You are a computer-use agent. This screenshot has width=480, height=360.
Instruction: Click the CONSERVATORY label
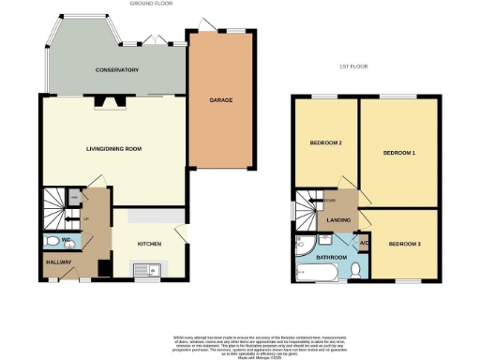tap(117, 70)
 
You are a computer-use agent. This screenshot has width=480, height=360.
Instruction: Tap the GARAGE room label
tap(220, 99)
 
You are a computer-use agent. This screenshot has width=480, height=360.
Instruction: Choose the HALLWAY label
tap(58, 263)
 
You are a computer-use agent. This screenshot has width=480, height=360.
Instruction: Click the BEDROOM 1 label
tap(399, 152)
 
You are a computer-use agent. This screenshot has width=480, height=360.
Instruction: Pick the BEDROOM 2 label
tap(325, 142)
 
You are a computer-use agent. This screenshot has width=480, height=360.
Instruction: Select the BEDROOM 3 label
tap(405, 243)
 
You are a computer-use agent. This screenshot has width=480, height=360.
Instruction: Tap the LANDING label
tap(339, 221)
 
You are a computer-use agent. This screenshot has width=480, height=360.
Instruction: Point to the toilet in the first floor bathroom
tap(356, 271)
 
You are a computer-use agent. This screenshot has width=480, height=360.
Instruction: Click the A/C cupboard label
tap(365, 244)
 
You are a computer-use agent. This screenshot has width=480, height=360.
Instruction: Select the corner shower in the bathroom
tap(303, 246)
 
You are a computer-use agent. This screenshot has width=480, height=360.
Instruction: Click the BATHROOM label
tap(331, 257)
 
